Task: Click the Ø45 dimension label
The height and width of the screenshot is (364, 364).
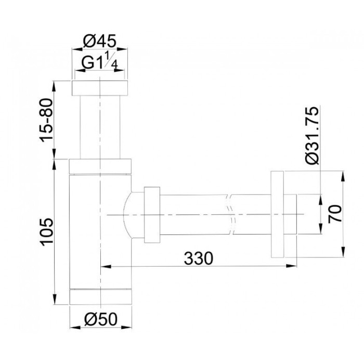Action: pos(99,41)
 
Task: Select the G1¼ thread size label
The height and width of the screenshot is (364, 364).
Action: pos(99,61)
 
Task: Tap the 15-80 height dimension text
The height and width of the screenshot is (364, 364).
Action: pos(46,120)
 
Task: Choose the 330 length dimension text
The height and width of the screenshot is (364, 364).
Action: pos(198,258)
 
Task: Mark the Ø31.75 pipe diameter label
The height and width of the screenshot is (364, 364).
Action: pos(312,136)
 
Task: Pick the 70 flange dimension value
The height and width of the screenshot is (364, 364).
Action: pos(335,214)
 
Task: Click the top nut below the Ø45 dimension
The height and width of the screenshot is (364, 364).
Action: pos(100,88)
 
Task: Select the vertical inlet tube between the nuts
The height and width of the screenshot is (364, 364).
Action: pos(100,127)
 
